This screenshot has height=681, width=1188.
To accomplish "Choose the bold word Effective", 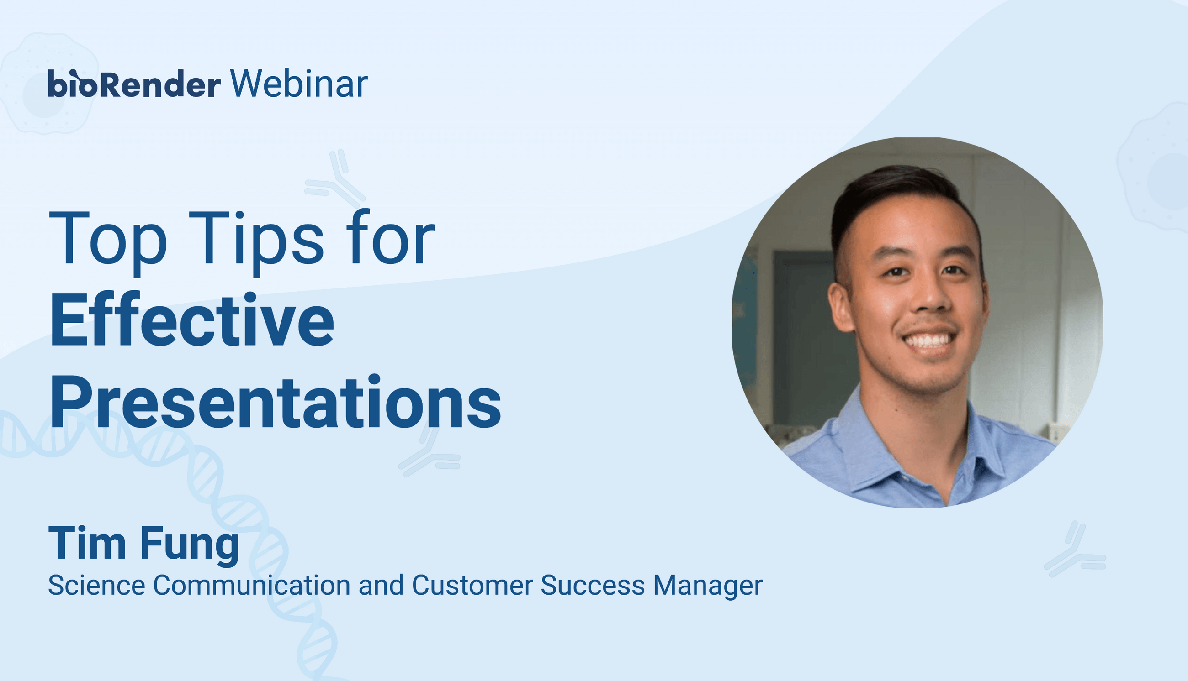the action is click(192, 319).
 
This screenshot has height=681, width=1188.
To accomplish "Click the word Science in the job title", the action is click(96, 585).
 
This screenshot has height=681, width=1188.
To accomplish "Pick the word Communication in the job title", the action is click(251, 585).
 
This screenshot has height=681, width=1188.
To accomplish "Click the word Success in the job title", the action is click(593, 585).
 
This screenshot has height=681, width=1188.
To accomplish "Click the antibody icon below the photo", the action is click(1075, 549).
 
